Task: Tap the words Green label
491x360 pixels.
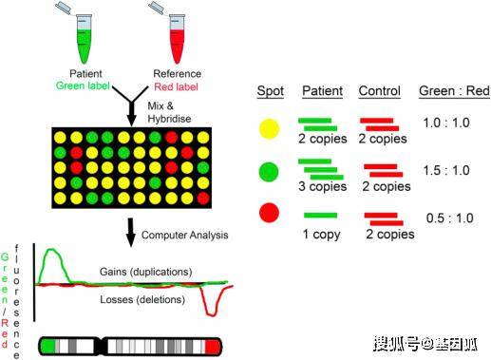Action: [83, 85]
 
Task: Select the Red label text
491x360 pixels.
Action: [176, 86]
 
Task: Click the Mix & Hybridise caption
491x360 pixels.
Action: [169, 112]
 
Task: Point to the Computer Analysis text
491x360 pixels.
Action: [185, 235]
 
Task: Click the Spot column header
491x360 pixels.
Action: [270, 91]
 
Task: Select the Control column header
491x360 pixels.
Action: [379, 91]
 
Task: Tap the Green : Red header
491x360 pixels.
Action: [454, 91]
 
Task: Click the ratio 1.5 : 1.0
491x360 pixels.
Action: [446, 170]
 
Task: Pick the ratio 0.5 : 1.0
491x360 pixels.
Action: [449, 218]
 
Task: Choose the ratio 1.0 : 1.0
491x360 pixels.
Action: [446, 123]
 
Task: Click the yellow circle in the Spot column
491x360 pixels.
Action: [270, 128]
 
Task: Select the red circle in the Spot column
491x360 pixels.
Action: [269, 213]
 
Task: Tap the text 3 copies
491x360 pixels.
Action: [322, 186]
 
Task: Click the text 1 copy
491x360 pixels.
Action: [321, 235]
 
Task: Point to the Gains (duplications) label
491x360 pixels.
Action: [146, 272]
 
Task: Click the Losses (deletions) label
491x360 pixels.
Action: [142, 299]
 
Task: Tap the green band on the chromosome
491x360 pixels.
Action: [47, 346]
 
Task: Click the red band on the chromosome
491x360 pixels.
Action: [213, 346]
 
